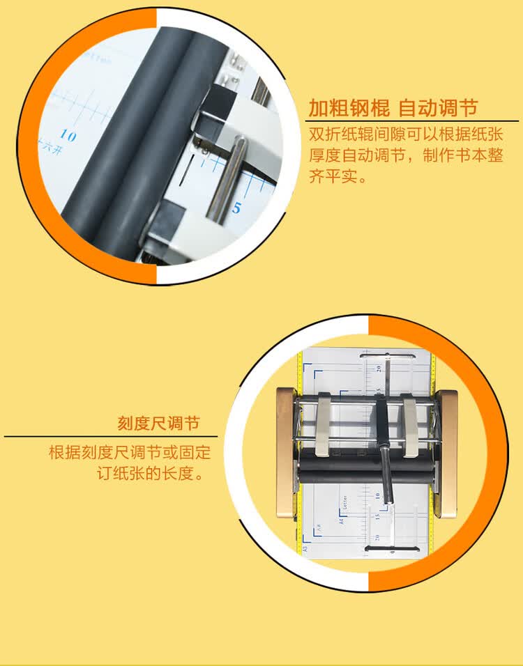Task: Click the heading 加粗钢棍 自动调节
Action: (x=393, y=109)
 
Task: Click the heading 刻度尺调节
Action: (x=158, y=423)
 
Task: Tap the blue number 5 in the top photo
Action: (x=237, y=208)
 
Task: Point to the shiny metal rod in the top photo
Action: (x=229, y=178)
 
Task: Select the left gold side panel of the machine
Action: (x=285, y=452)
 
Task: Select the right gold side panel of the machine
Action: (x=448, y=452)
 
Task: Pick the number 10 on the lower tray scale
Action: (x=377, y=496)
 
